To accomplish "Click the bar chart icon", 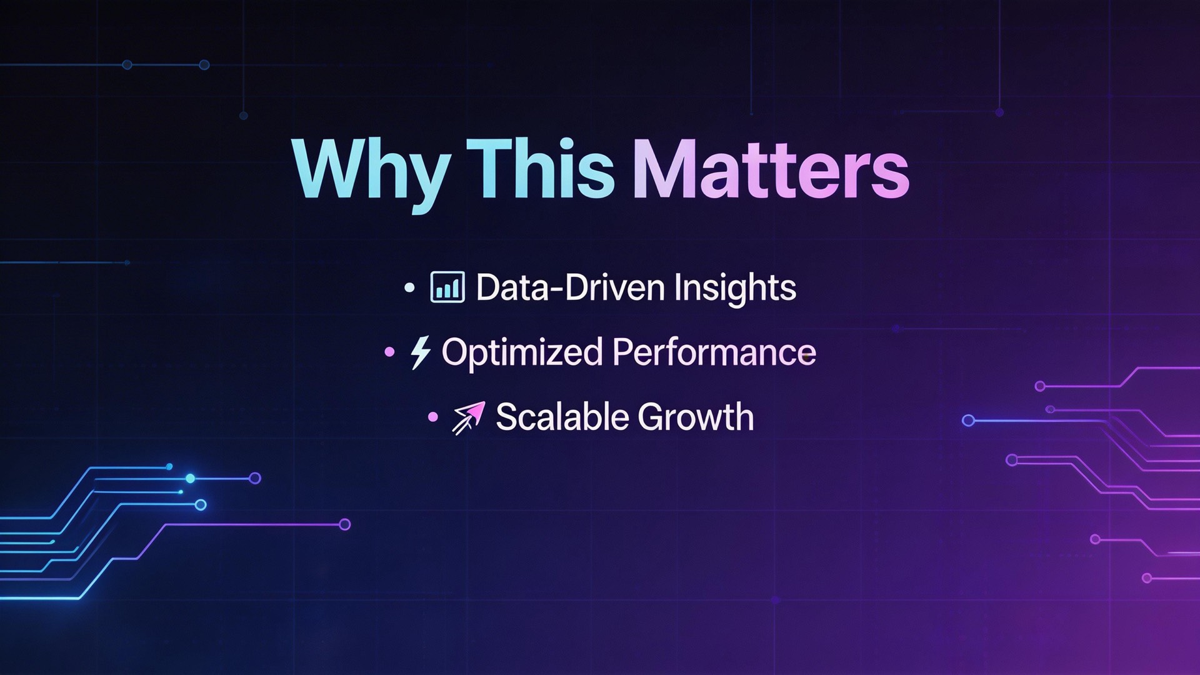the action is [447, 287].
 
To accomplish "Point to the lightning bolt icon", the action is [420, 352].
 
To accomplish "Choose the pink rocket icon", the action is [469, 417].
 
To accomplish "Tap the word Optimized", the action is [522, 353].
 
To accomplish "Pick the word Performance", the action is [714, 352].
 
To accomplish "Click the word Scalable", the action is [562, 417].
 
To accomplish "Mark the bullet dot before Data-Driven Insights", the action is [409, 288].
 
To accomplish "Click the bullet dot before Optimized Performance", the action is [389, 352].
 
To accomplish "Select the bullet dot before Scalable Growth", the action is [432, 417].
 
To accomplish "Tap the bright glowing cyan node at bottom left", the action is [190, 479].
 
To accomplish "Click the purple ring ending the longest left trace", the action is [344, 524].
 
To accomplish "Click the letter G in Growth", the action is [653, 417].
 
